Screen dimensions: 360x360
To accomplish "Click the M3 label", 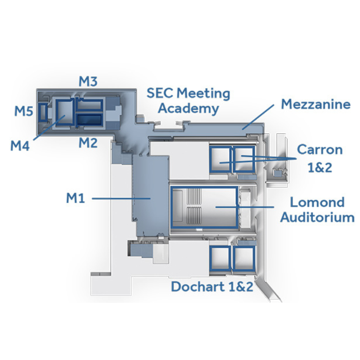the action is (88, 81).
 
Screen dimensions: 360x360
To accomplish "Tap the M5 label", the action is (24, 111).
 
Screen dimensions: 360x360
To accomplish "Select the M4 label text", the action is (20, 145).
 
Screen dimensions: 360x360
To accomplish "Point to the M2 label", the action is (88, 143).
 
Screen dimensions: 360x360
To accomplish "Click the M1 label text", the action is (76, 198).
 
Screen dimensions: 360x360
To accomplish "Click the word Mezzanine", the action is (316, 104).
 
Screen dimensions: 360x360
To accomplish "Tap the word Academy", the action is (189, 109).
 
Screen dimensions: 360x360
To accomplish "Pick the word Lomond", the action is (317, 202).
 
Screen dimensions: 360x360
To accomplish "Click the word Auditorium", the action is (318, 217).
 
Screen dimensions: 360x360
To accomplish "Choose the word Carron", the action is (319, 150).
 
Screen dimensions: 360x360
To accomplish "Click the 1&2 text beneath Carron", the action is (320, 167).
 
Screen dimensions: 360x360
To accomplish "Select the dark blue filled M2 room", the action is (89, 120).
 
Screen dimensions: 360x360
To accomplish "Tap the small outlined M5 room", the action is (43, 112).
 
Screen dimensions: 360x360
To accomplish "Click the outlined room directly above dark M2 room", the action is (89, 105).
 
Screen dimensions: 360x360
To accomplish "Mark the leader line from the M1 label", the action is (121, 198).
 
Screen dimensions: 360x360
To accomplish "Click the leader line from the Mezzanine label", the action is (258, 117).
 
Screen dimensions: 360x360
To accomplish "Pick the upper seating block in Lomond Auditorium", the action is (194, 197).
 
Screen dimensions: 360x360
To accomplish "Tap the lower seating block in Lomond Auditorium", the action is (194, 215).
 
